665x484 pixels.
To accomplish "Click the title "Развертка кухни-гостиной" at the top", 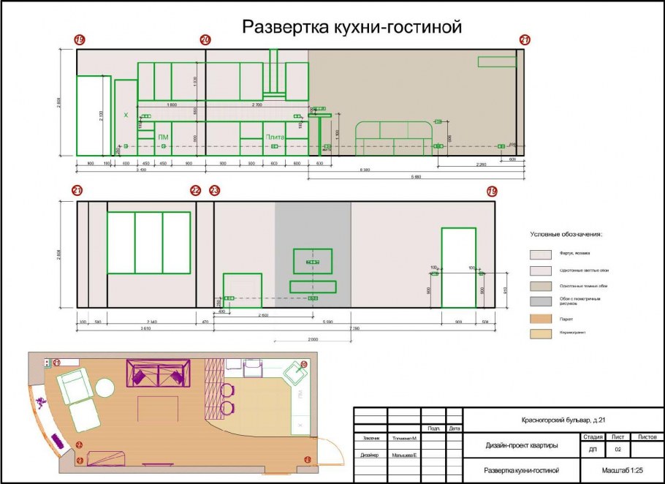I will pos(352,28).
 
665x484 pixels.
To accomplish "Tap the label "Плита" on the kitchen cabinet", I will pos(275,137).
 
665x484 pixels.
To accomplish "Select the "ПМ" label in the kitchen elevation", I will pos(163,137).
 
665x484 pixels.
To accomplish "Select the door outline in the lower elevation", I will pos(458,268).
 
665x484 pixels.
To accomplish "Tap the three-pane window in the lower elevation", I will pos(149,243).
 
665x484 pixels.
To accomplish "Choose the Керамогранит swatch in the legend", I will pos(541,333).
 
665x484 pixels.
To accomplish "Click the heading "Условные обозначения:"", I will pos(566,235).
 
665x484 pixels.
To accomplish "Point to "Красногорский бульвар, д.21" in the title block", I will pos(563,420).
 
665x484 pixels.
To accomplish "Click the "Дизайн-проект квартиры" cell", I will pos(521,445).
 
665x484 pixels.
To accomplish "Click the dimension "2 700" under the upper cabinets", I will pos(257,105).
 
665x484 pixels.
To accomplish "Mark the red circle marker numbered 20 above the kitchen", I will pos(205,39).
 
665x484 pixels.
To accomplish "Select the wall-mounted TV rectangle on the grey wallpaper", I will pos(312,261).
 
